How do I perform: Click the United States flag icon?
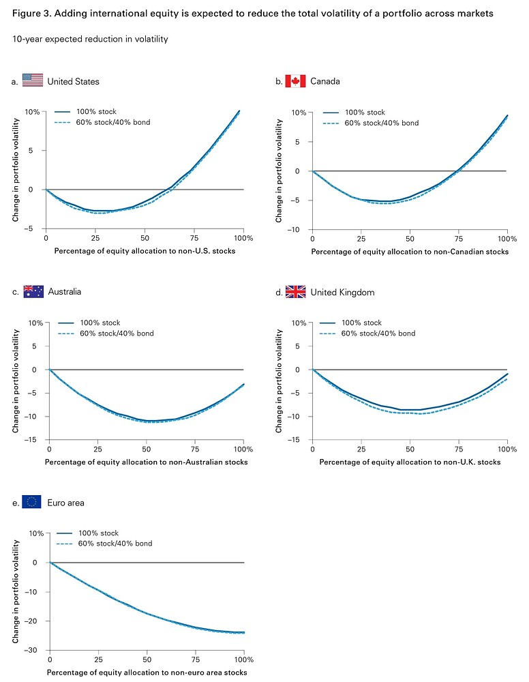pos(33,81)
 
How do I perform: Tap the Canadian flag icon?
pos(295,81)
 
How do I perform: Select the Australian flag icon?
pos(33,291)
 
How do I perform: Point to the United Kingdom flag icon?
pos(295,291)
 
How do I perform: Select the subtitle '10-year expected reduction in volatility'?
pos(90,39)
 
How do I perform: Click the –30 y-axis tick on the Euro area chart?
pos(37,650)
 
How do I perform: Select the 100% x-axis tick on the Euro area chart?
pos(243,661)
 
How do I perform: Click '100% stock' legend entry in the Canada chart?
pos(365,113)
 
